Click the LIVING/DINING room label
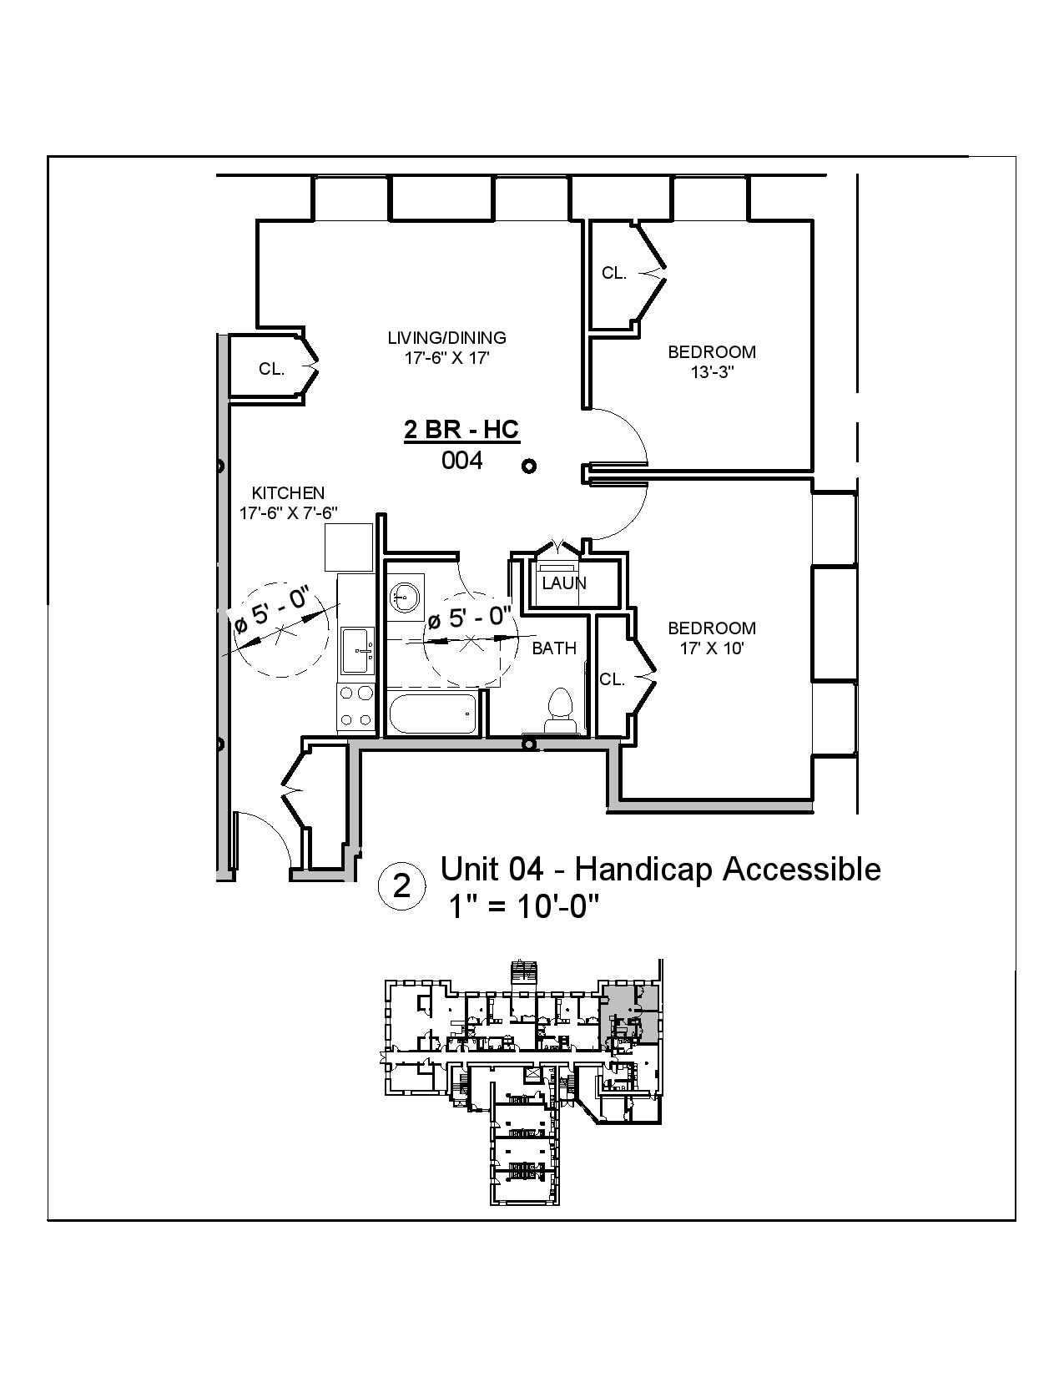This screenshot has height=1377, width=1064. click(446, 338)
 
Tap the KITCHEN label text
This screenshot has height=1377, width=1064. click(288, 493)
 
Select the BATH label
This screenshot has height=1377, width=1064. click(554, 648)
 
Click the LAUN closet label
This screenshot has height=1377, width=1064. click(564, 583)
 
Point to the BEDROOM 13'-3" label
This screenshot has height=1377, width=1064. click(711, 362)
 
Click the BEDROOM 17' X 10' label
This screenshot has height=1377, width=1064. click(711, 638)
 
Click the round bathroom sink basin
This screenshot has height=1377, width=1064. click(406, 596)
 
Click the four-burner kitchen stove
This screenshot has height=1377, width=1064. click(356, 707)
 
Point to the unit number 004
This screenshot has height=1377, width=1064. click(461, 460)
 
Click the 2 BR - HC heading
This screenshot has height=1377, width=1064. click(461, 430)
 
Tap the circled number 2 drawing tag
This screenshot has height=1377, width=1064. click(401, 886)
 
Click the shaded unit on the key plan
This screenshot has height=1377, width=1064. click(628, 1011)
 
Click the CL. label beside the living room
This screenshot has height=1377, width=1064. click(271, 369)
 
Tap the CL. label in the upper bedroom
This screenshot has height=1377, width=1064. click(613, 273)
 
